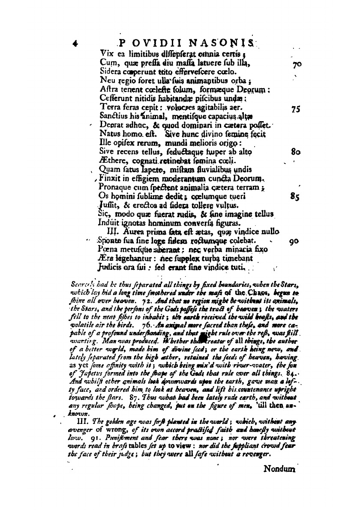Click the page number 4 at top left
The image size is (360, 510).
[75, 44]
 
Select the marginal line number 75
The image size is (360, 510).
[294, 110]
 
